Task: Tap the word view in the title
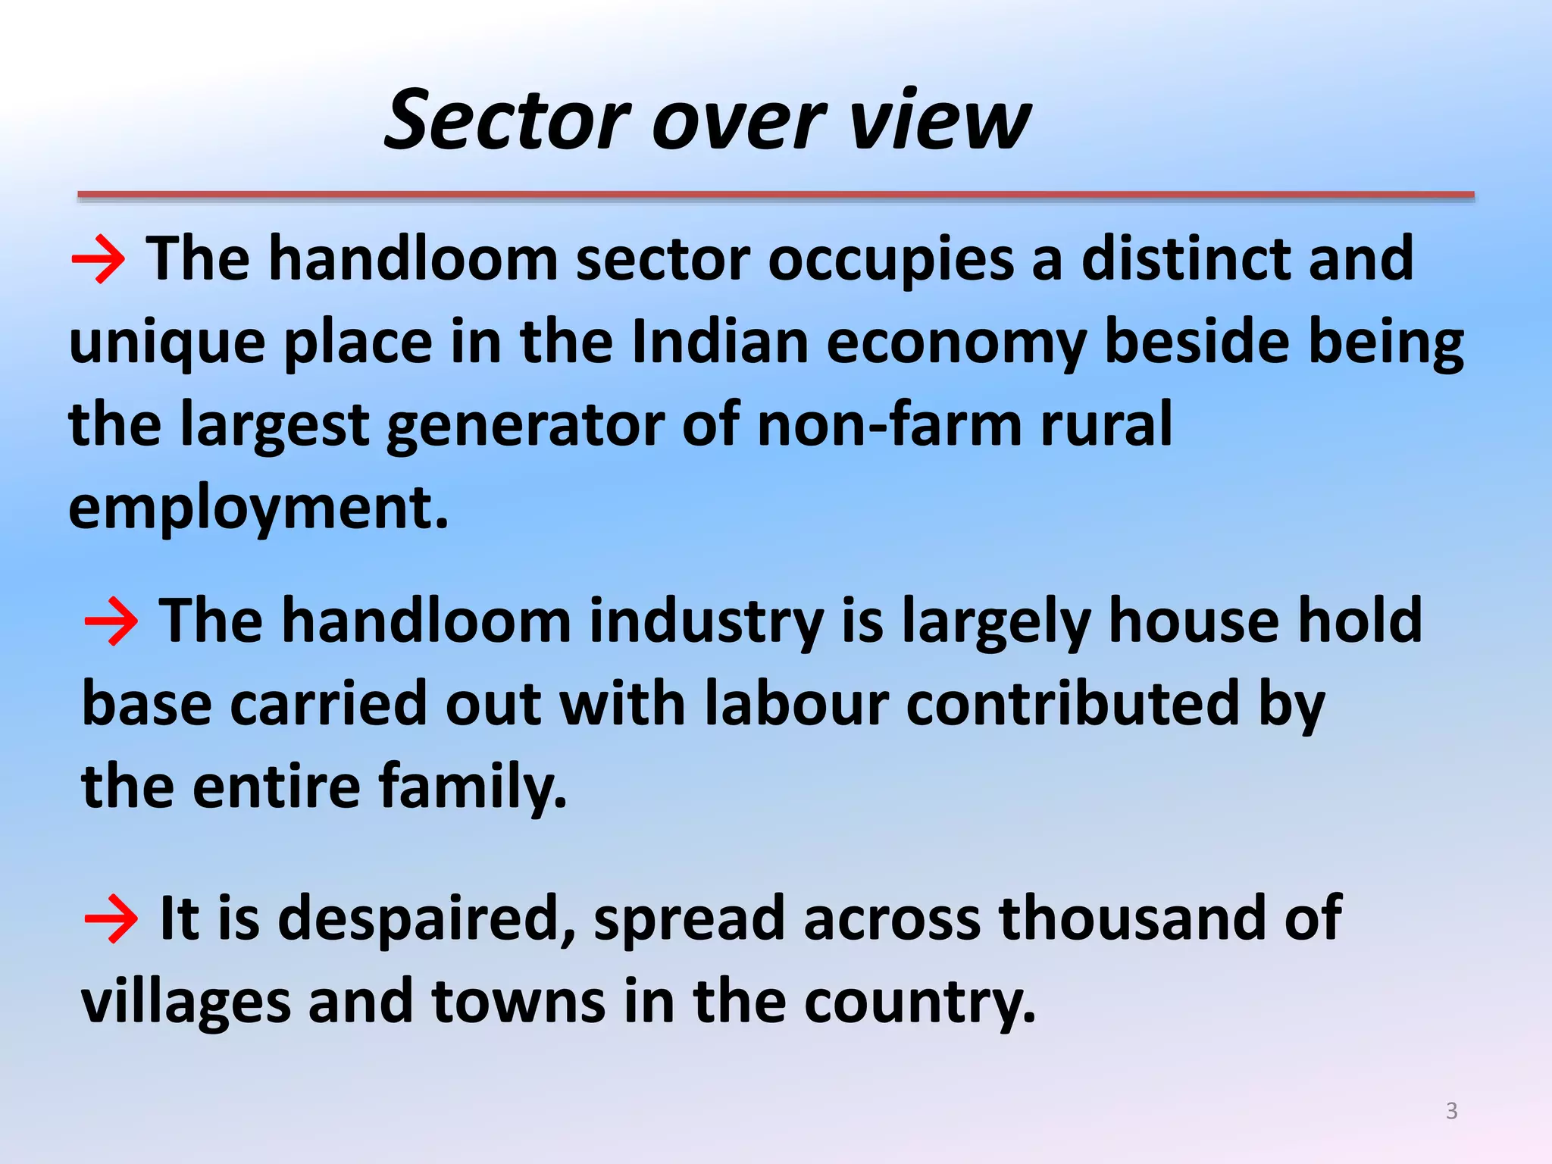pos(939,121)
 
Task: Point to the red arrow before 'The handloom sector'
pos(99,259)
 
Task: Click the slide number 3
pos(1451,1111)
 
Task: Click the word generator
pos(525,427)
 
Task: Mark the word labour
pos(796,704)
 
